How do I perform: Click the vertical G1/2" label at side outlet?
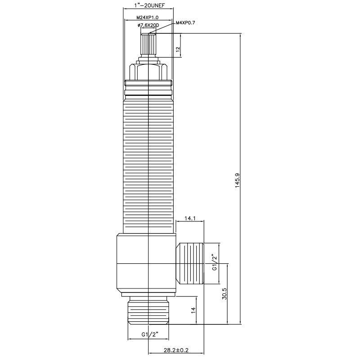coord(215,262)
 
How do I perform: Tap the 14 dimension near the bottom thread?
coord(193,310)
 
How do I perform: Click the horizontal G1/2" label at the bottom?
coord(149,334)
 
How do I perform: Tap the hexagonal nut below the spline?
coord(148,71)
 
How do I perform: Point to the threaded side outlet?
coord(191,264)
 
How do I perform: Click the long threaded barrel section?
coord(148,166)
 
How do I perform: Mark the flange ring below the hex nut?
coord(148,83)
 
